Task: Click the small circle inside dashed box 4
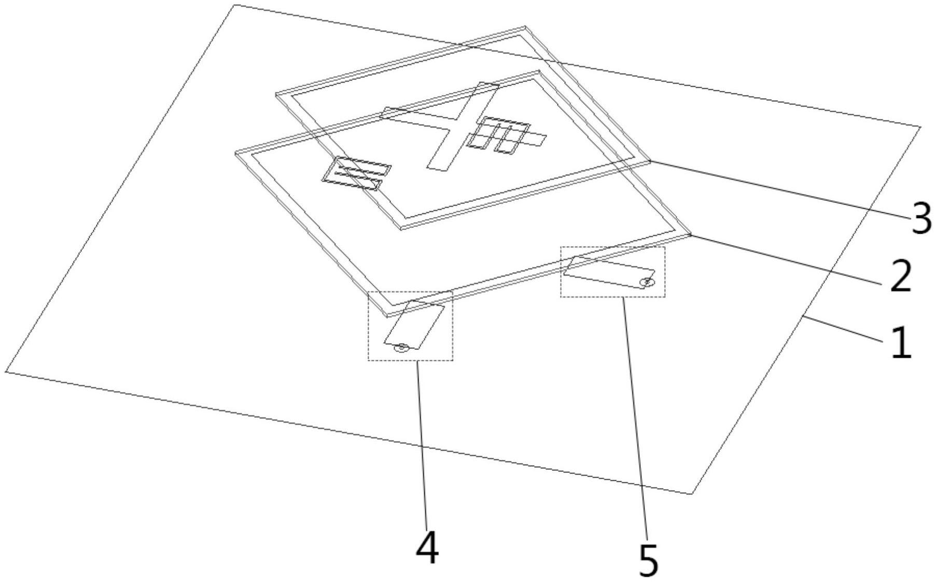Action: (400, 348)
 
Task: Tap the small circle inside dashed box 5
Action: (647, 282)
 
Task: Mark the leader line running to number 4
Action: (422, 444)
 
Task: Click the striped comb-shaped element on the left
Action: (356, 173)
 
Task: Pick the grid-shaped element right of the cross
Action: (506, 134)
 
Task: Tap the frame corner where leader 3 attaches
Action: (650, 160)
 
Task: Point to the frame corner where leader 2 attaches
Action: (690, 234)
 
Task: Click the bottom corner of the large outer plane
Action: (692, 494)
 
